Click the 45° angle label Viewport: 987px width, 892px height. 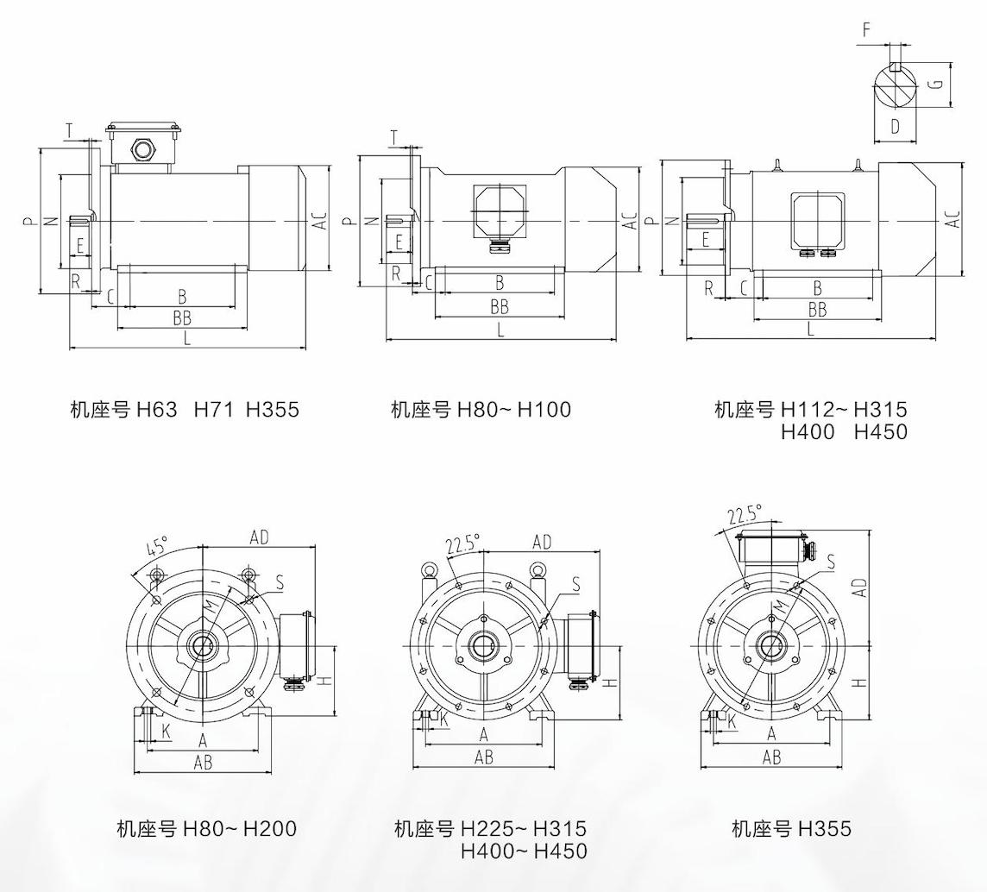pos(157,547)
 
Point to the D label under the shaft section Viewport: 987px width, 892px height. pos(895,127)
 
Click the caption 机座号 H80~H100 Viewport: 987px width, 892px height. pos(481,409)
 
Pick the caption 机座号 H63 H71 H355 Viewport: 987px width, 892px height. pos(185,409)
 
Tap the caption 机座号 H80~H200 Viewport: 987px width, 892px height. pos(206,829)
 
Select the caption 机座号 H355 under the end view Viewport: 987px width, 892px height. pos(791,829)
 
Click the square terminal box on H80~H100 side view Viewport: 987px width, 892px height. pos(500,211)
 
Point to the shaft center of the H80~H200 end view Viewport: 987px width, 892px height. pos(203,646)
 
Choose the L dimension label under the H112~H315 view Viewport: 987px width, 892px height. pos(810,329)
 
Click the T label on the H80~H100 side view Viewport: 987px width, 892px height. pos(394,138)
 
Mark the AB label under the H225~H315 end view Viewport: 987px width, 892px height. pos(484,757)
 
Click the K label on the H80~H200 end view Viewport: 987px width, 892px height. pos(166,731)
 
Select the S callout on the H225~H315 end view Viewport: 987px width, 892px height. pos(575,586)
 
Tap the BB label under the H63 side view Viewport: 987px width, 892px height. pos(181,318)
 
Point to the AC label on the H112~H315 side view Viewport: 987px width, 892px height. pos(952,219)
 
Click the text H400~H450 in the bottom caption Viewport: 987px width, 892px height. pos(524,851)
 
